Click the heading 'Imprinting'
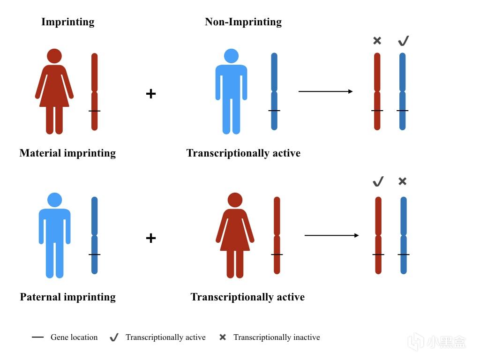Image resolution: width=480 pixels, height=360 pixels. coord(67,22)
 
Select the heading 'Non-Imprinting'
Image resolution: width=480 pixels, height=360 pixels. coord(243,22)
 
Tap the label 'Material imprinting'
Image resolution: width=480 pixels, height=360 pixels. coord(67,153)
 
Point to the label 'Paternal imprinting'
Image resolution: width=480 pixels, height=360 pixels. coord(67,297)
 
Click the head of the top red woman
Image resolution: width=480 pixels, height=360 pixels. coord(54,56)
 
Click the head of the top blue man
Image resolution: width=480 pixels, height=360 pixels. coord(231,56)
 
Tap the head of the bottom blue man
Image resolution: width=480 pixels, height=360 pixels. coord(54,200)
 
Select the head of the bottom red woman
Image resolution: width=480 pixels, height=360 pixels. coord(235,200)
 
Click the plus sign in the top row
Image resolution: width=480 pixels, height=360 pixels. coord(150,94)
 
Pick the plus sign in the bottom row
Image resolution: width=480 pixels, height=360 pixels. coord(150,238)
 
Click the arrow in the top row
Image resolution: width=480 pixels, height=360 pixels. coord(325,91)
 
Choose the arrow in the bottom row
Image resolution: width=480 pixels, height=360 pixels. coord(331,235)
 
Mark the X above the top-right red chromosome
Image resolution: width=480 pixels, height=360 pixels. coord(377,41)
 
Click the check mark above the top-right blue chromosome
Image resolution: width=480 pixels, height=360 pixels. coord(403,41)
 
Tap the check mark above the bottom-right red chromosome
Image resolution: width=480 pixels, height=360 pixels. coord(378,181)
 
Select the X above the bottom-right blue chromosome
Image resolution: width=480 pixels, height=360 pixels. coord(402,181)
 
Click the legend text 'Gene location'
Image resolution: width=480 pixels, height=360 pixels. coord(74,337)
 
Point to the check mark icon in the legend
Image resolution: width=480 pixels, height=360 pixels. coord(113,337)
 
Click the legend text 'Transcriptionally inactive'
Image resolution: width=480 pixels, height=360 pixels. coord(277,337)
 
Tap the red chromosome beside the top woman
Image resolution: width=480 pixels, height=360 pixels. coord(94,91)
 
